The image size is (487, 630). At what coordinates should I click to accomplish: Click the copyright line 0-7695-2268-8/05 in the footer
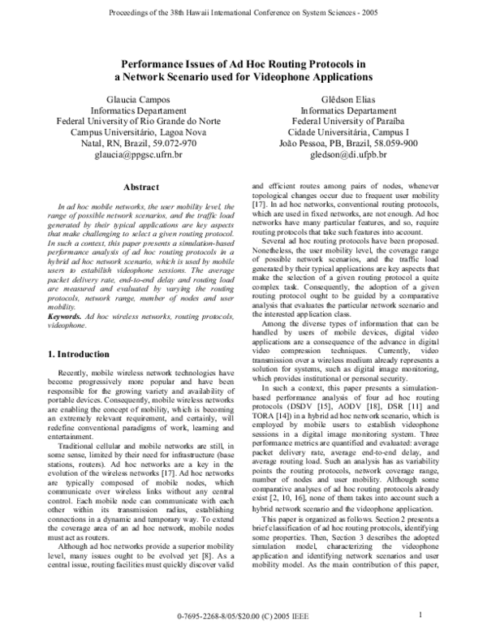point(243,617)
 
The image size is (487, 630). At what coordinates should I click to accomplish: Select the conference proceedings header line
point(243,14)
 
